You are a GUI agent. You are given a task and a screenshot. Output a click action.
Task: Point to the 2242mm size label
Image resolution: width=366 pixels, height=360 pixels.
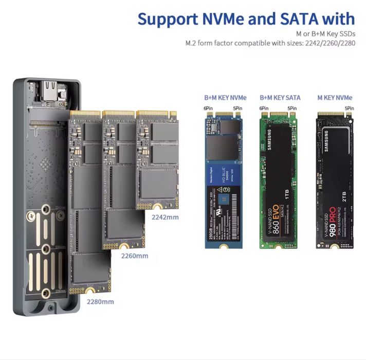pyautogui.click(x=165, y=217)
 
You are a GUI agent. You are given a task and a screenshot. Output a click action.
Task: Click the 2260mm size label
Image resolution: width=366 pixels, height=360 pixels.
pyautogui.click(x=134, y=256)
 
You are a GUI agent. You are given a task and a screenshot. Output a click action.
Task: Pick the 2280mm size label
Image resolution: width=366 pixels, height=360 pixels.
pyautogui.click(x=100, y=301)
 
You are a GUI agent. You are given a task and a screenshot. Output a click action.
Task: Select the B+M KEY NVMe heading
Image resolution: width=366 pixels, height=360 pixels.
pyautogui.click(x=225, y=98)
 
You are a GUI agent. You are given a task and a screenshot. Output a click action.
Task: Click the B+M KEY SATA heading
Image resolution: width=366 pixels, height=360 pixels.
pyautogui.click(x=280, y=98)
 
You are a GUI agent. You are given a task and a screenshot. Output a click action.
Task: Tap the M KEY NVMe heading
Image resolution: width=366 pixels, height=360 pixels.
pyautogui.click(x=335, y=98)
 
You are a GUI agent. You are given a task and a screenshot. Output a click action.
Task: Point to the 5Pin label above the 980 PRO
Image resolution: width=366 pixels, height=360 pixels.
pyautogui.click(x=350, y=109)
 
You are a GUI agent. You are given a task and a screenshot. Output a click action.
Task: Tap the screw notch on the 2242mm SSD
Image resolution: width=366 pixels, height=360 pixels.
pyautogui.click(x=157, y=208)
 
